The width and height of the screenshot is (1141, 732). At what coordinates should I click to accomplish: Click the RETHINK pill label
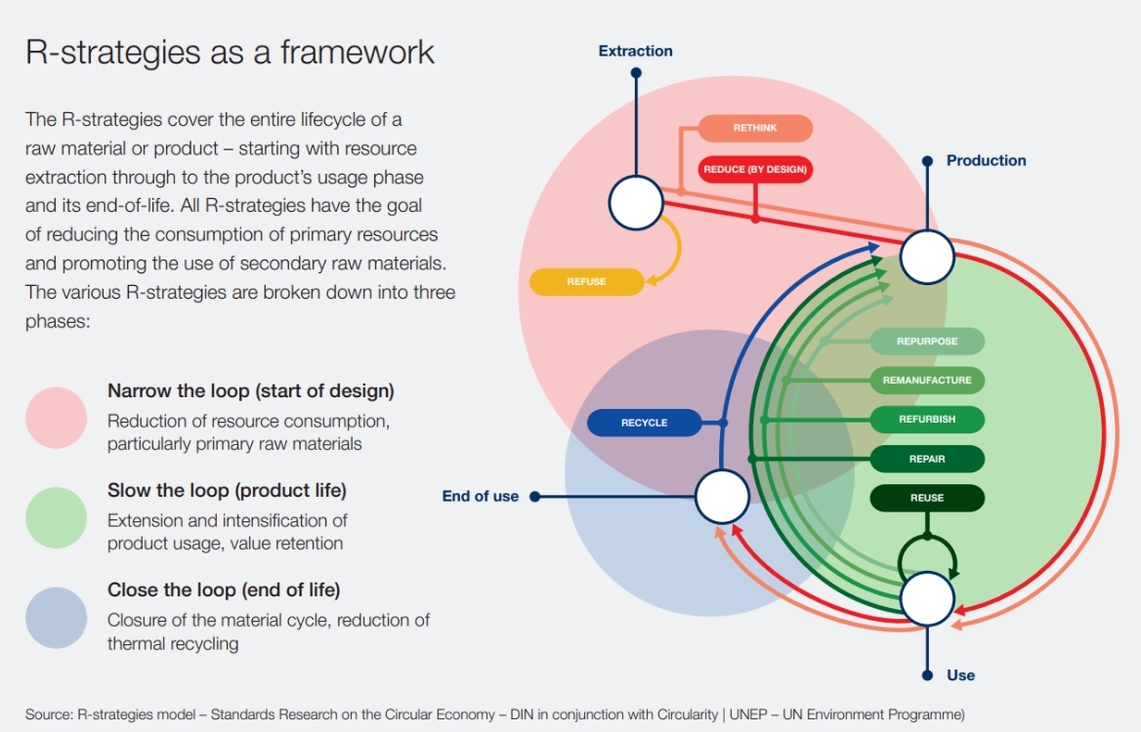tap(755, 129)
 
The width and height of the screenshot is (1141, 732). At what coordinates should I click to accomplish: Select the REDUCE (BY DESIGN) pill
tap(755, 170)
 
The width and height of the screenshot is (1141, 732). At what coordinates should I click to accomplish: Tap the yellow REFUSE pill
tap(586, 282)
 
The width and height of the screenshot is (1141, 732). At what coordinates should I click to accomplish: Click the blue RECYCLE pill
tap(644, 423)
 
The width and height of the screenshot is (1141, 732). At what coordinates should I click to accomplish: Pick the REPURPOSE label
tap(927, 342)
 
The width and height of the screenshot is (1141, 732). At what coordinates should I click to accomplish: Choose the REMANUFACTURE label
tap(927, 381)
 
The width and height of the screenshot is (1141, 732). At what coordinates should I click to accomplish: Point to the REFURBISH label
tap(927, 420)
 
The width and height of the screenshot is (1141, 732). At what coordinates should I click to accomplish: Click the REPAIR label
tap(927, 459)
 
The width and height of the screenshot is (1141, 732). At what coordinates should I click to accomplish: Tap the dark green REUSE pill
tap(927, 498)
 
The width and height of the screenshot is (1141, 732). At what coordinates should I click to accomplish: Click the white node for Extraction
tap(636, 203)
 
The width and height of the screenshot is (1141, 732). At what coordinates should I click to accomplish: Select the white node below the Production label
tap(926, 258)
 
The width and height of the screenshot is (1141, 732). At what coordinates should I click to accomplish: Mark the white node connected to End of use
tap(722, 496)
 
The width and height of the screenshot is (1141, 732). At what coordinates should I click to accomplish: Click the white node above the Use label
tap(926, 598)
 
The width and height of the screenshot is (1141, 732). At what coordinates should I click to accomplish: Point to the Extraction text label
tap(635, 51)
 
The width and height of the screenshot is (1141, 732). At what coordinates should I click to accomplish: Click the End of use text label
tap(480, 497)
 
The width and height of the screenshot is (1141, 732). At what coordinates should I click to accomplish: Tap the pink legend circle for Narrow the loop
tap(57, 418)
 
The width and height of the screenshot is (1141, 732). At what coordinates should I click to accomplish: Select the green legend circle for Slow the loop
tap(57, 517)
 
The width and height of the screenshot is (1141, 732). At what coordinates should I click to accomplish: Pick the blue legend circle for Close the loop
tap(57, 618)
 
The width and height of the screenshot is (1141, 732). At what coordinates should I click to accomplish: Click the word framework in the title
tap(358, 52)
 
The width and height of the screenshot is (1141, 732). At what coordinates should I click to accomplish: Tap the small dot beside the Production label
tap(926, 161)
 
